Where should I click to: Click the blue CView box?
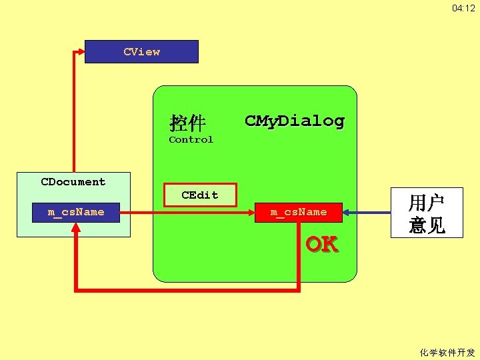coord(141,51)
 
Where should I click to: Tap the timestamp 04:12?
coord(463,8)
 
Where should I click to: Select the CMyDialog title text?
coord(294,121)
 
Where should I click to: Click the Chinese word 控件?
coord(187,123)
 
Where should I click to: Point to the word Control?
coord(191,139)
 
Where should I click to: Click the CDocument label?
coord(73,181)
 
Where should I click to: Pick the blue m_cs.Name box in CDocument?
coord(76,212)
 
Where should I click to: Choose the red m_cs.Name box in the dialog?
coord(299,212)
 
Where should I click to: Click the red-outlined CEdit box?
coord(200,195)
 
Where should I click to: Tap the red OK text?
coord(321,244)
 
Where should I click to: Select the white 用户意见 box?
coord(427,213)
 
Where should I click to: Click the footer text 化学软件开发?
coord(447,352)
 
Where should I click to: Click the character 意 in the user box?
coord(417,225)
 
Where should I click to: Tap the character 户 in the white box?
coord(436,202)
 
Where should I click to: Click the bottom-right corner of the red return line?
coord(298,289)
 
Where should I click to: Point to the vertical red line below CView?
coord(74,113)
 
